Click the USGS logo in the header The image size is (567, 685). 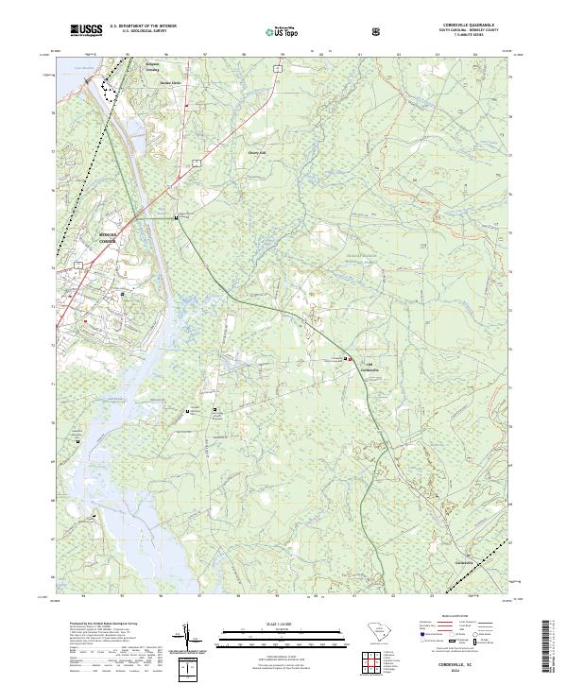click(86, 30)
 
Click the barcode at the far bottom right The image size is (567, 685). click(554, 652)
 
